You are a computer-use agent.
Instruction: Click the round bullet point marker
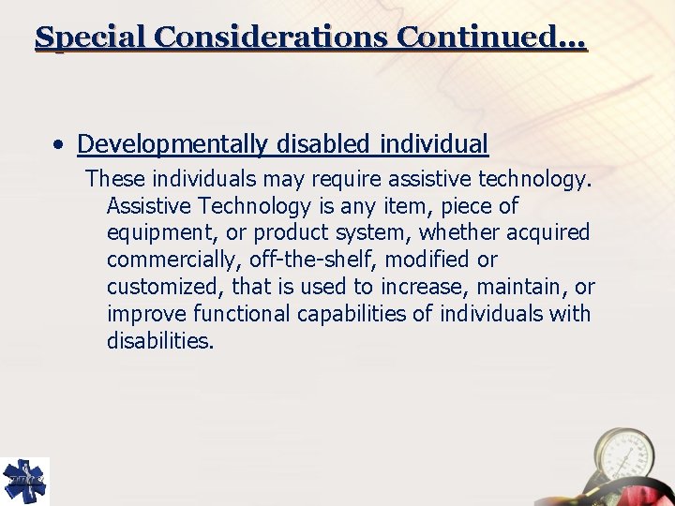point(59,145)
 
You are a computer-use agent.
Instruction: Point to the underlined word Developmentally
point(173,144)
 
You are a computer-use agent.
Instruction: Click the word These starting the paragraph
point(112,178)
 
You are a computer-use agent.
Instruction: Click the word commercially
point(172,260)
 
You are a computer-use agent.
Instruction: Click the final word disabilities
point(160,341)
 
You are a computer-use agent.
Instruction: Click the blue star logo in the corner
point(24,481)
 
